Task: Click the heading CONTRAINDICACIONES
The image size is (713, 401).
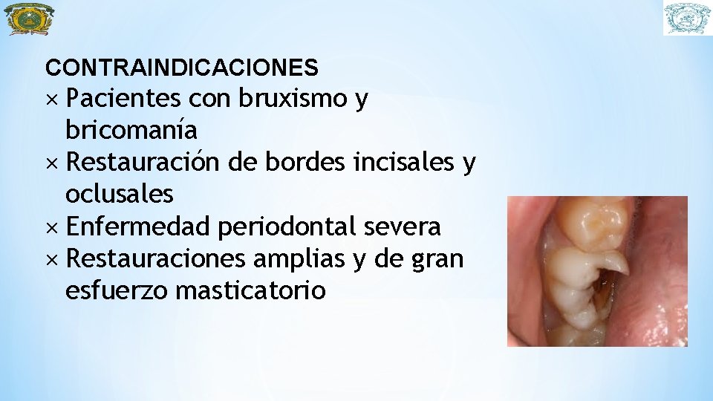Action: pos(182,68)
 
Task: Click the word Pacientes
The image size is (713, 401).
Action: pos(123,98)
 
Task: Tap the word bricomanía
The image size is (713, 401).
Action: pos(131,130)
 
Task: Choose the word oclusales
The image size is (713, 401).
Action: pos(120,194)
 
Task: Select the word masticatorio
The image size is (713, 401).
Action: pos(251,290)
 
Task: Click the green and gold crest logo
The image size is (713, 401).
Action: pos(29,19)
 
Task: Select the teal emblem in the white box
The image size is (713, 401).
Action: pos(687,19)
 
